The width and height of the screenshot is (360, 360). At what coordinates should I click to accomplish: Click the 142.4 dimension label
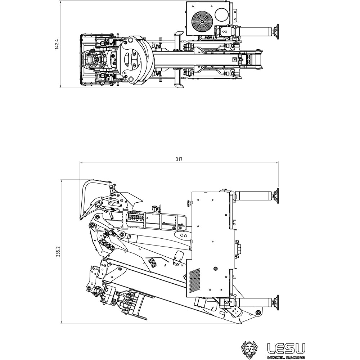pos(57,44)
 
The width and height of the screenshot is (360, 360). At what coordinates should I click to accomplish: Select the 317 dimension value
pos(179,159)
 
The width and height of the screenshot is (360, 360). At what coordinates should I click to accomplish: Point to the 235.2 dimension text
pos(59,251)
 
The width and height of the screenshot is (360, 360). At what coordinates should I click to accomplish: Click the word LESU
pos(286,348)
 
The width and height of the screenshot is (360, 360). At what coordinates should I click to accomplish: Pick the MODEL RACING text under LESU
pos(286,357)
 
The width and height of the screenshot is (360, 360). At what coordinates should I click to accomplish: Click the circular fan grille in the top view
pos(202,21)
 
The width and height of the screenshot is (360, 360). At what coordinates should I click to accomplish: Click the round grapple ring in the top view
pos(133,59)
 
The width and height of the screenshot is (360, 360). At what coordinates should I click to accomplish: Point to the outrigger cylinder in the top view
pos(254,31)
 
